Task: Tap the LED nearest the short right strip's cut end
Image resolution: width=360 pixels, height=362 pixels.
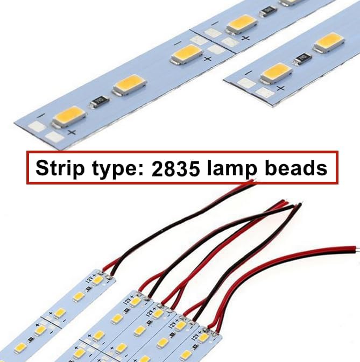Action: coord(276,71)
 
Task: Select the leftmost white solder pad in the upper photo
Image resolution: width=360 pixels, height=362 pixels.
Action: coord(36,127)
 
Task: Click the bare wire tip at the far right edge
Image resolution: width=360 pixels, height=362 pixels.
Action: coord(356,250)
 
